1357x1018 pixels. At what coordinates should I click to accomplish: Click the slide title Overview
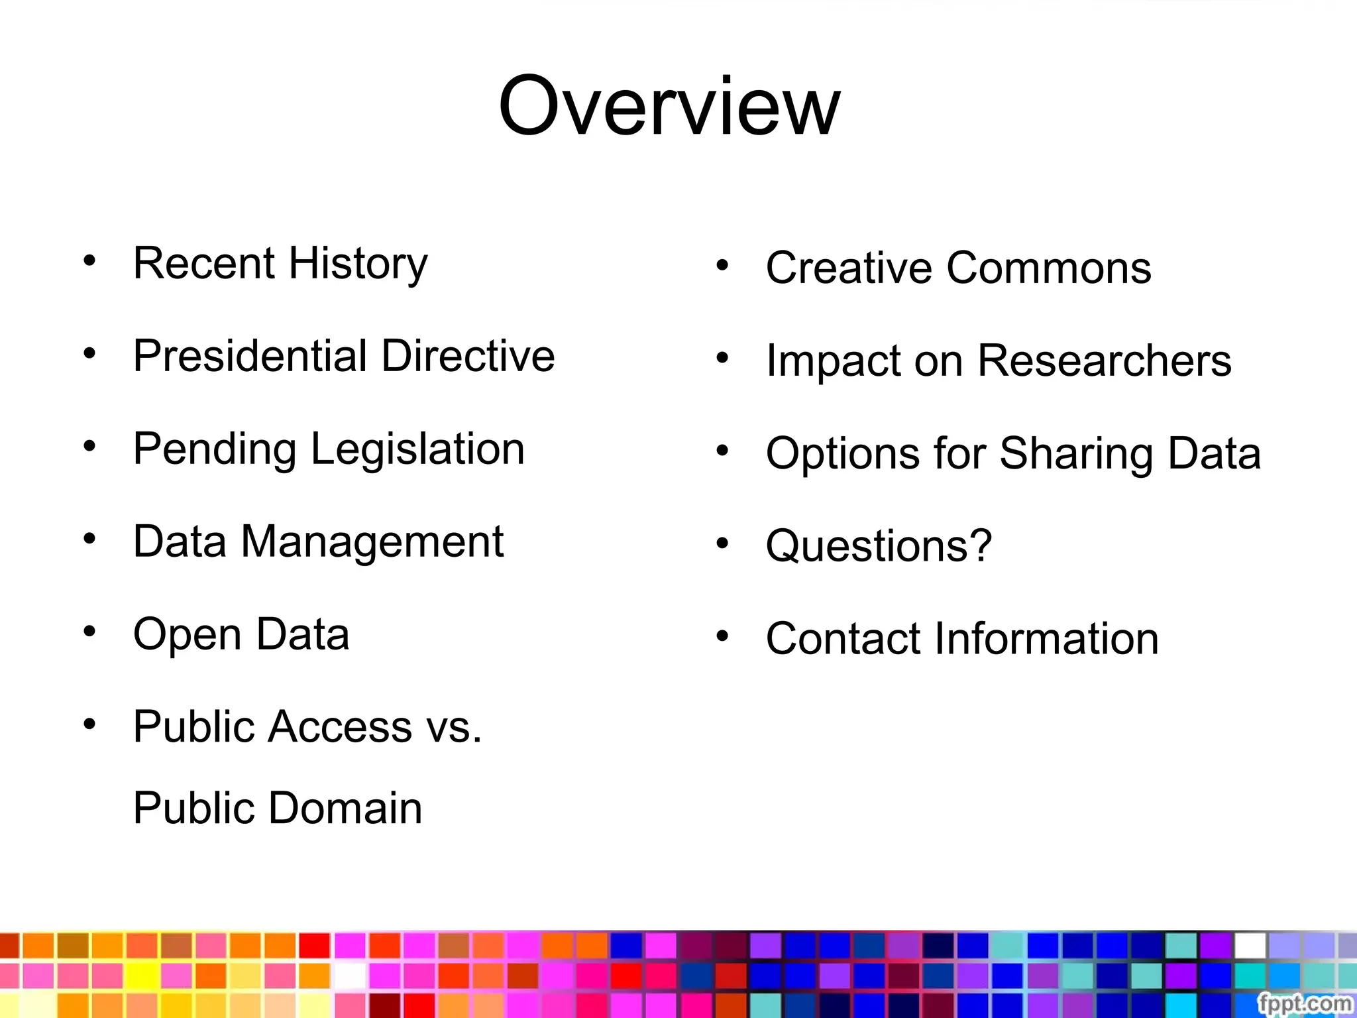point(669,106)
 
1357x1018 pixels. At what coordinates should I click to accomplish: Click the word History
point(358,264)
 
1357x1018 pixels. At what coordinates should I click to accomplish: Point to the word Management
point(372,542)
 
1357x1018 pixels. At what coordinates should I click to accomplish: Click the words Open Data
point(241,634)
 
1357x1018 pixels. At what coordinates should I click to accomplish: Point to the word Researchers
point(1105,361)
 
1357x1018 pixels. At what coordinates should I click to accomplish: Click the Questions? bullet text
point(879,546)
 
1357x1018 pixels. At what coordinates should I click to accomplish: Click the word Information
point(1047,639)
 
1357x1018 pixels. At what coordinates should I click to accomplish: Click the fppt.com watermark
point(1305,1003)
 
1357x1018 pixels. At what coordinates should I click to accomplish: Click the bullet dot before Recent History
point(89,260)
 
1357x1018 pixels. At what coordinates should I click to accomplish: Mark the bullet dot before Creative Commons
point(722,266)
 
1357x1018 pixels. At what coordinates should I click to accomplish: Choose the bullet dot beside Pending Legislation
point(89,446)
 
